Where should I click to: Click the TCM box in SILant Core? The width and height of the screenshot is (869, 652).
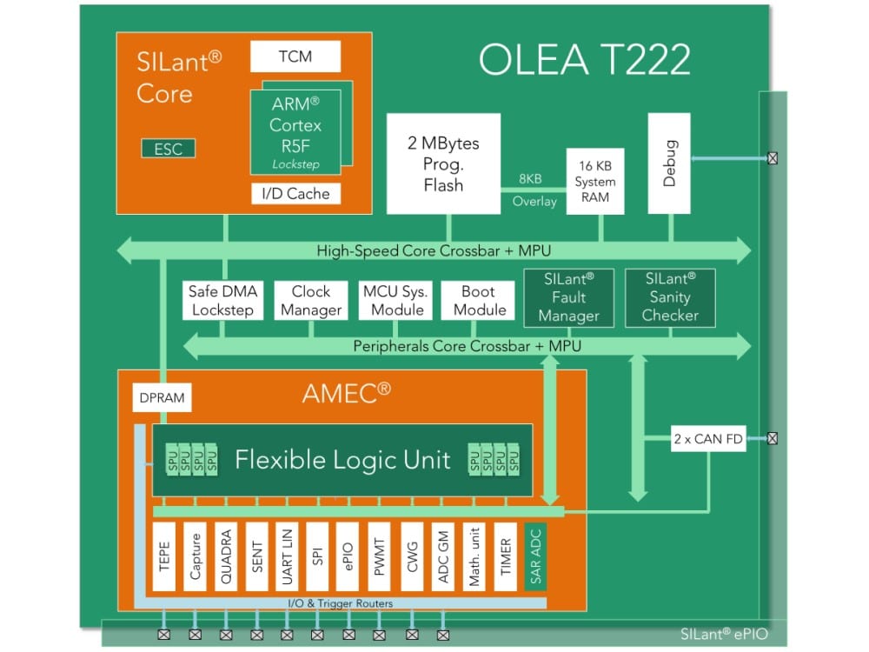point(295,57)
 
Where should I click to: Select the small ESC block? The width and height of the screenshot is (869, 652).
point(169,149)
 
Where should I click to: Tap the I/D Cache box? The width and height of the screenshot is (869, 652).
point(295,194)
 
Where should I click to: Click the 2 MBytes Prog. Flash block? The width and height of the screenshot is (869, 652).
point(443,165)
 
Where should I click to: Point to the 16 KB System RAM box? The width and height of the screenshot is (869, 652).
point(595,183)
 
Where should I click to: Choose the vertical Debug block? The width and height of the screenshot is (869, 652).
point(670,164)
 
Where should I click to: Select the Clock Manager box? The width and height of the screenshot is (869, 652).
point(311,301)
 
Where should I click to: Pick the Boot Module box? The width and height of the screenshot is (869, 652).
point(478,301)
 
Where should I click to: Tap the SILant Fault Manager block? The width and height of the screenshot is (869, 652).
point(569,298)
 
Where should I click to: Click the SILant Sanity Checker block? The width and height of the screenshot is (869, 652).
point(670,298)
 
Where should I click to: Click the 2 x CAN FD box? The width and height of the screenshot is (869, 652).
point(708,439)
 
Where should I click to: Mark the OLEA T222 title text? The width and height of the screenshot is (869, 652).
point(584,61)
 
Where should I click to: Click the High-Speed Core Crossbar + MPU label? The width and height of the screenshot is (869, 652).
point(434,251)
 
